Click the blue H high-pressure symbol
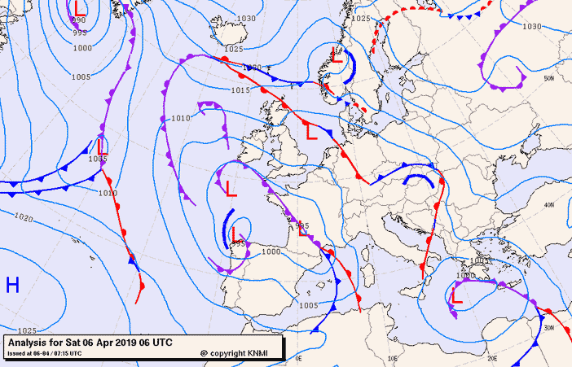click(x=12, y=285)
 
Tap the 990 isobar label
click(x=78, y=20)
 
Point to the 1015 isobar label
click(x=240, y=90)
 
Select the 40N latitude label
click(x=548, y=205)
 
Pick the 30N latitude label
click(x=549, y=327)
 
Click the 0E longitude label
click(x=298, y=357)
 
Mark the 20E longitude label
click(x=492, y=357)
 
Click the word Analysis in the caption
click(x=29, y=343)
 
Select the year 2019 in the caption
click(x=127, y=343)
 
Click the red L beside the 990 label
click(x=78, y=7)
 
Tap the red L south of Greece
click(x=457, y=297)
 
